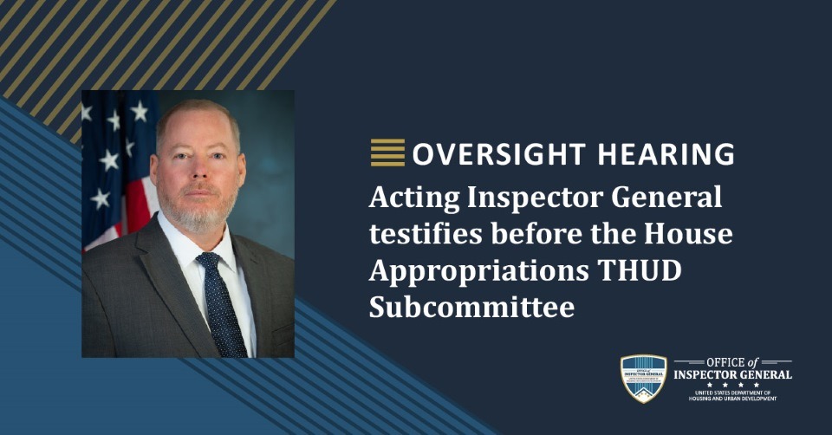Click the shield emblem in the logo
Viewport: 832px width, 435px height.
pyautogui.click(x=644, y=378)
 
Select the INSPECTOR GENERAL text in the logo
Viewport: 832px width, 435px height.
pyautogui.click(x=733, y=374)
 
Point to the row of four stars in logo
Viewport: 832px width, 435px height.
pyautogui.click(x=733, y=385)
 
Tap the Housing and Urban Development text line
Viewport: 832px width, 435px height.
pyautogui.click(x=733, y=399)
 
